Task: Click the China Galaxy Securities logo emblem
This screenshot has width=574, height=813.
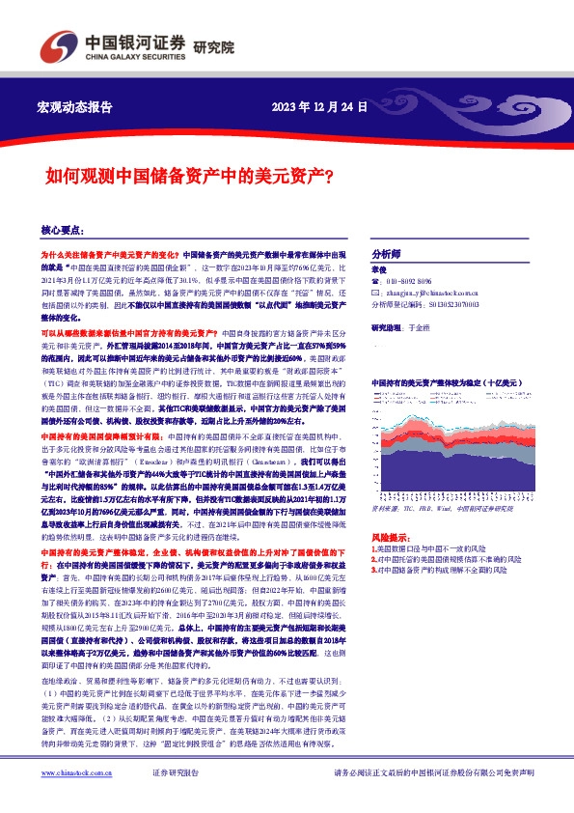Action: [55, 44]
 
